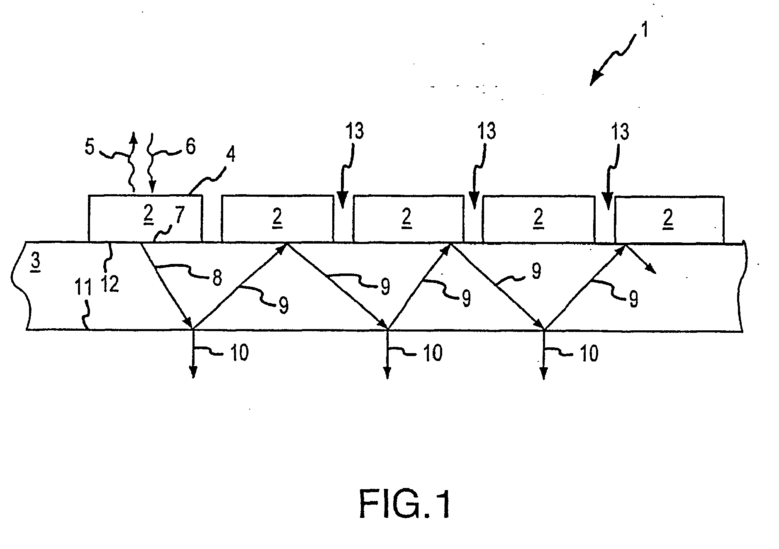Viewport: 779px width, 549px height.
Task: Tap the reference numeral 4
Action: pyautogui.click(x=231, y=155)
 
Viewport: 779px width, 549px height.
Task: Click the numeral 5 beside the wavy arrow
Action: pyautogui.click(x=90, y=147)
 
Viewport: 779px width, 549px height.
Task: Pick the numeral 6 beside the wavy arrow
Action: pyautogui.click(x=190, y=147)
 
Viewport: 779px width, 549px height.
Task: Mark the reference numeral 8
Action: pyautogui.click(x=217, y=278)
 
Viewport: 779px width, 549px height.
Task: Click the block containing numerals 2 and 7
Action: pyautogui.click(x=145, y=218)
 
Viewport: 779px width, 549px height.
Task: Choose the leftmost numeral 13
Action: pyautogui.click(x=354, y=132)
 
